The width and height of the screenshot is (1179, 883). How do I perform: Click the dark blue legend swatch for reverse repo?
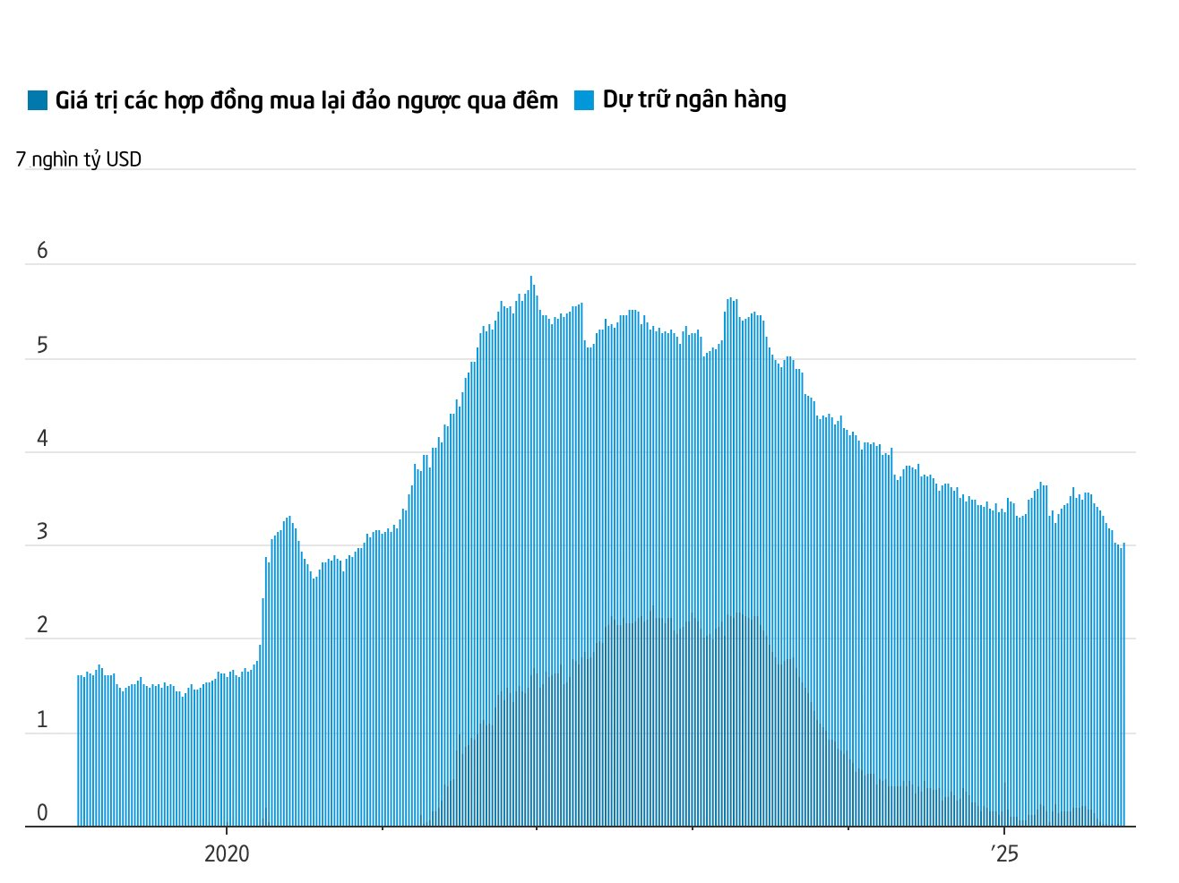click(38, 100)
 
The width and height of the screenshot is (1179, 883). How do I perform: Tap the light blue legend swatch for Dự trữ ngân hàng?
click(584, 100)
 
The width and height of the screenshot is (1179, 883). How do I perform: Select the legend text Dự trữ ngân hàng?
click(693, 99)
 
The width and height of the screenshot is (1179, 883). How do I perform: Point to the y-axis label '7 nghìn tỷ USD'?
click(79, 159)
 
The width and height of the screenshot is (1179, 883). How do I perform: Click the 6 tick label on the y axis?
click(42, 251)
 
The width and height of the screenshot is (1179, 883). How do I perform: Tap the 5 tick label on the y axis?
click(42, 346)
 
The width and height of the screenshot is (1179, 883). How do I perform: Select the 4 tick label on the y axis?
click(42, 439)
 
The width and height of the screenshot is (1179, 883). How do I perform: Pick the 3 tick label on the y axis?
click(42, 533)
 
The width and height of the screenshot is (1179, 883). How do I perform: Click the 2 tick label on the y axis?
click(42, 626)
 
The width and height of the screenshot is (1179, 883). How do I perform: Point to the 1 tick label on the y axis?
click(42, 720)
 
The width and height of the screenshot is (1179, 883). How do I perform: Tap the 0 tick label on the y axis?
click(42, 813)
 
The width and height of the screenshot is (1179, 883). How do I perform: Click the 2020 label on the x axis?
click(227, 853)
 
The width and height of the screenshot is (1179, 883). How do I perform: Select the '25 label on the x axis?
click(1004, 853)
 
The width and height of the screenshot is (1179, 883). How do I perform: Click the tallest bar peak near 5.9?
click(531, 279)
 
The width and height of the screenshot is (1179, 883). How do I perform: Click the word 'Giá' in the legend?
click(71, 100)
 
